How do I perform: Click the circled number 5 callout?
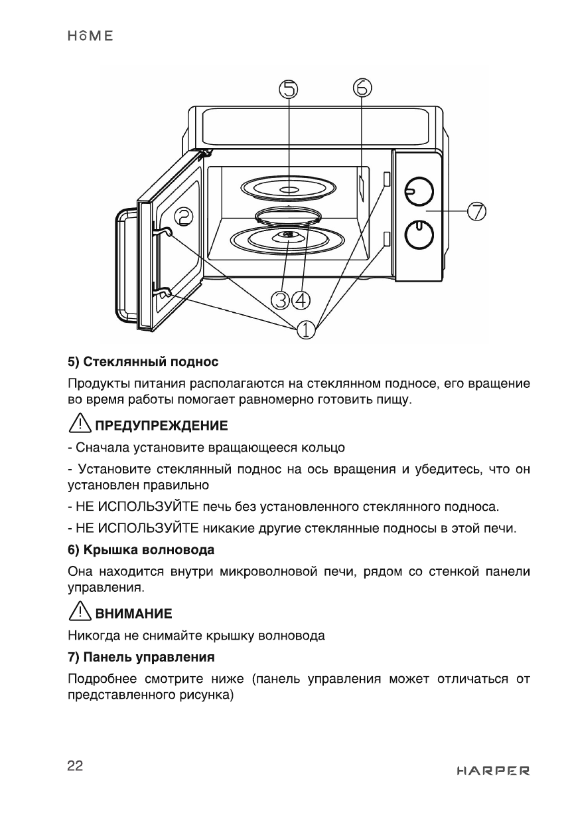coord(290,89)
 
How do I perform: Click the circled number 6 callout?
coord(362,87)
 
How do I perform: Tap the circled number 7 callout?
coord(476,212)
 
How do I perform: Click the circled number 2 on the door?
coord(184,216)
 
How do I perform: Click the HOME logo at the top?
coord(90,36)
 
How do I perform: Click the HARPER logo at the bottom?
coord(494,771)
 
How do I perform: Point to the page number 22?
coord(75,766)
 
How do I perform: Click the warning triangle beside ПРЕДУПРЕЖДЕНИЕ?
coord(80,423)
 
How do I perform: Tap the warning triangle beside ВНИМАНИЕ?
coord(80,611)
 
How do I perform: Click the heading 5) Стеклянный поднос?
coord(143,363)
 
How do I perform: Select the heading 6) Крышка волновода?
coord(141,551)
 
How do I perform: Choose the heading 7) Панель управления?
coord(141,658)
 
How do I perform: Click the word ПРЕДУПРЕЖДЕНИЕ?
coord(162,425)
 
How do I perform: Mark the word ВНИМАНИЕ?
coord(134,613)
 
